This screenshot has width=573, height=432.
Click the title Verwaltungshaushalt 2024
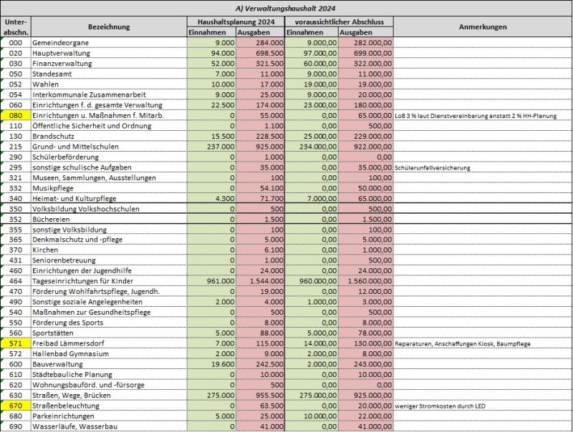[285, 9]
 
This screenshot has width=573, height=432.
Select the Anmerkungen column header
[483, 26]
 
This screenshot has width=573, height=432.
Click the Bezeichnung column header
[109, 26]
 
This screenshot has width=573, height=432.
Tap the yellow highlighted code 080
[16, 116]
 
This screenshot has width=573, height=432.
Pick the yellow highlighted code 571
[16, 343]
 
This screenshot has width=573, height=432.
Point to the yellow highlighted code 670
[16, 406]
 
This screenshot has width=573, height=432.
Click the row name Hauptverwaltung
[61, 53]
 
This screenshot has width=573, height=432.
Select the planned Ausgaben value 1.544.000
[266, 281]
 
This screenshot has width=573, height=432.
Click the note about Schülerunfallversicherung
[433, 168]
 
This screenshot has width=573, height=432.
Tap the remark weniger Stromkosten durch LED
[440, 406]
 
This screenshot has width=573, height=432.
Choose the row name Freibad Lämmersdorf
[68, 343]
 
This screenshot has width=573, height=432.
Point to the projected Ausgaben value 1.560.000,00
[370, 281]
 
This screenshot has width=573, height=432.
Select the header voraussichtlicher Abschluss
[340, 22]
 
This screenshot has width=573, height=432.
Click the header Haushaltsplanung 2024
[236, 22]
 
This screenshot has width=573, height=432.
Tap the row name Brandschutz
[53, 137]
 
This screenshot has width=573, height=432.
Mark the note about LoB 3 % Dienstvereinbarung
[476, 116]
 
